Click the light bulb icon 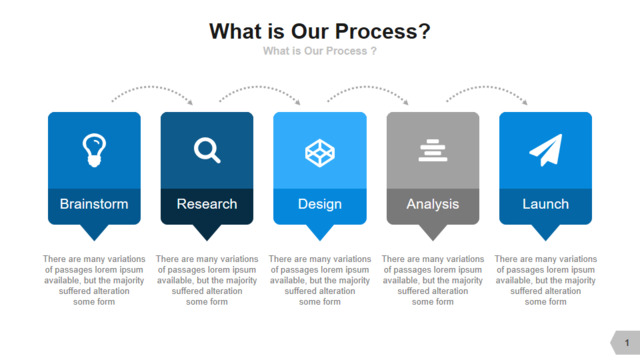(x=94, y=150)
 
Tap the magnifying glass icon (x=207, y=151)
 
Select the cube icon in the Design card (x=320, y=153)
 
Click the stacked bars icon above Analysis (x=433, y=150)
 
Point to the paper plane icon (x=546, y=150)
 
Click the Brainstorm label (x=94, y=204)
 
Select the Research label (x=207, y=204)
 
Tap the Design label (x=320, y=204)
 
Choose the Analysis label (x=433, y=204)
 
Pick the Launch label (x=546, y=204)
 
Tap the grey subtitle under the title (x=320, y=51)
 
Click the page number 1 (x=627, y=343)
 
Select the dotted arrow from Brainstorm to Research (x=151, y=87)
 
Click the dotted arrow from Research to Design (x=259, y=87)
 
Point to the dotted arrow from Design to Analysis (x=367, y=87)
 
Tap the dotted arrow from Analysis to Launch (x=486, y=87)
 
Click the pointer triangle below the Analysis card (x=433, y=231)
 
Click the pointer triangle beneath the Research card (x=207, y=231)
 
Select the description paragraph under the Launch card (x=546, y=280)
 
